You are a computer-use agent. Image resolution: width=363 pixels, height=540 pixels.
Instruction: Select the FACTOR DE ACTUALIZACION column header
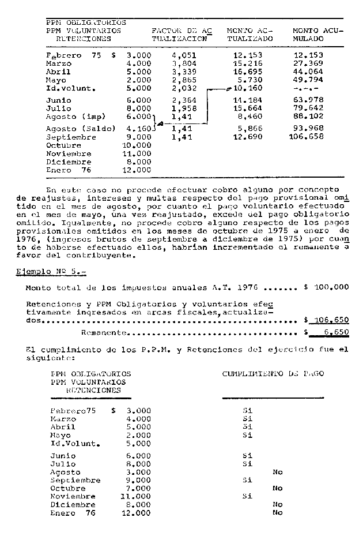pos(181,34)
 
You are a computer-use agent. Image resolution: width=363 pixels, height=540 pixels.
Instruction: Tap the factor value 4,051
pos(184,55)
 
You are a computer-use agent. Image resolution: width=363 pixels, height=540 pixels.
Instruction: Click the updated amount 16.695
pos(248,72)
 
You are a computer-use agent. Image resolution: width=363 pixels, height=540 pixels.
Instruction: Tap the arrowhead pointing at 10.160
pos(229,89)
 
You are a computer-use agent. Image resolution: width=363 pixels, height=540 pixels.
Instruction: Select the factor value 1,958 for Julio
pos(184,108)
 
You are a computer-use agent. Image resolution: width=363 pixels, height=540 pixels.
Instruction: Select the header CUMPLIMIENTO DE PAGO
pos(273,374)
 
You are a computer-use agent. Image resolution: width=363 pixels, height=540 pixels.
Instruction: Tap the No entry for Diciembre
pos(277,504)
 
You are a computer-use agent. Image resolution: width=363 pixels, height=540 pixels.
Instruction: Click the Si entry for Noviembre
pos(248,496)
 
